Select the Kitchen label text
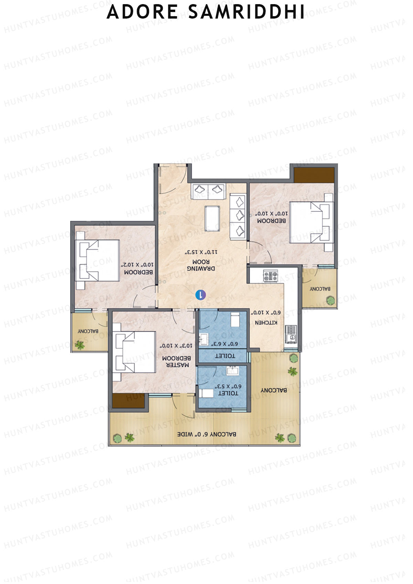tap(266, 322)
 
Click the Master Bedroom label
tap(176, 361)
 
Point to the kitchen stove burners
tap(271, 275)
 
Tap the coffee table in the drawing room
tap(212, 218)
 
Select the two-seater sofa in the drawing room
tap(209, 190)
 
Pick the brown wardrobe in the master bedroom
tap(128, 401)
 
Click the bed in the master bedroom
tap(135, 352)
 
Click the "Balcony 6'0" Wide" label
tap(206, 434)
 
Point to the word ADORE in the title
tap(142, 12)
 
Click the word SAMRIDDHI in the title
tap(246, 12)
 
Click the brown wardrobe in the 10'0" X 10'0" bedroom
tap(314, 175)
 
